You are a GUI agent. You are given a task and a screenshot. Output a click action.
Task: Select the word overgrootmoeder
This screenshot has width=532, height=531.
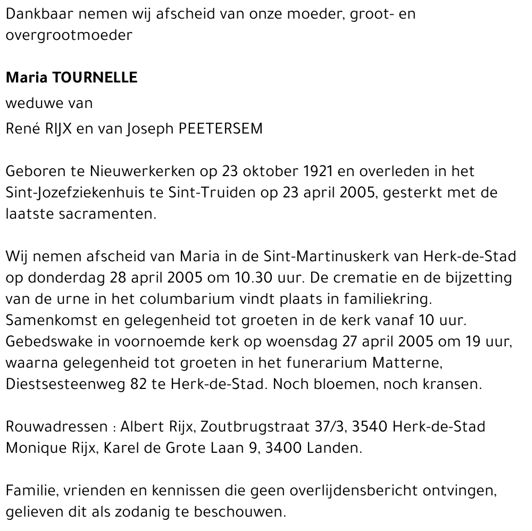[x=69, y=36]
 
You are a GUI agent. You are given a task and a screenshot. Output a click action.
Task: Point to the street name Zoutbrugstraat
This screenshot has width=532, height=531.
[x=237, y=427]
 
